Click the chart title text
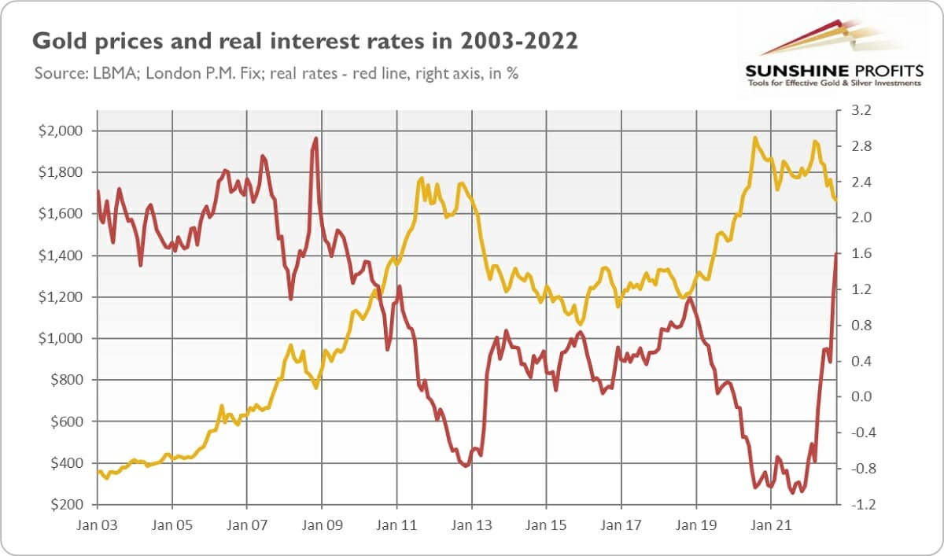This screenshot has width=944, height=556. point(305,42)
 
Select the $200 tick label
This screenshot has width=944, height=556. point(65,505)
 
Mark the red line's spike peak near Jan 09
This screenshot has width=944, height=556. point(315,139)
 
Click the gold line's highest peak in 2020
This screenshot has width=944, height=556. point(755,138)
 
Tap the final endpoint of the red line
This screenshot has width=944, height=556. point(836,253)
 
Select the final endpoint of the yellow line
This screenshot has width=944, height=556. point(836,201)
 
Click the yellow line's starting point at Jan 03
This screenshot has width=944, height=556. point(98,471)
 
